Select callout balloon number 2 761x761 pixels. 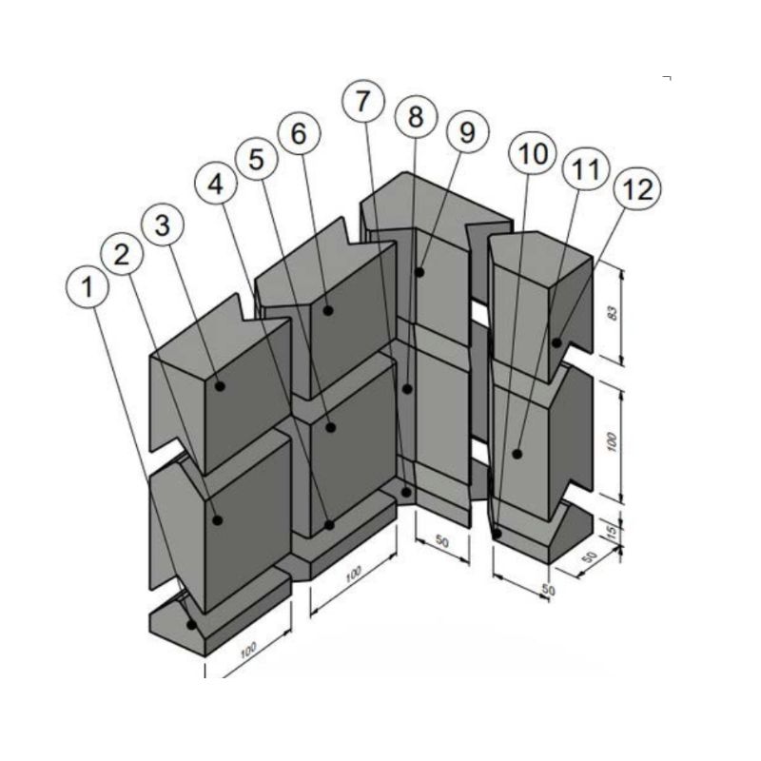click(x=122, y=254)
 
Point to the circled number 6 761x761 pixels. click(x=299, y=135)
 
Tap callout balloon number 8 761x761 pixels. click(x=414, y=118)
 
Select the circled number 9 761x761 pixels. click(x=466, y=133)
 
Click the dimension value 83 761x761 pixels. click(x=613, y=314)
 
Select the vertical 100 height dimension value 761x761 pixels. click(x=613, y=440)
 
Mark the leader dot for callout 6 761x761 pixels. click(x=327, y=310)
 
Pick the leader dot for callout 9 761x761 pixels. click(x=419, y=272)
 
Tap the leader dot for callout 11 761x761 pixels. click(x=517, y=454)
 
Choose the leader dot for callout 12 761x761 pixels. click(x=556, y=342)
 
